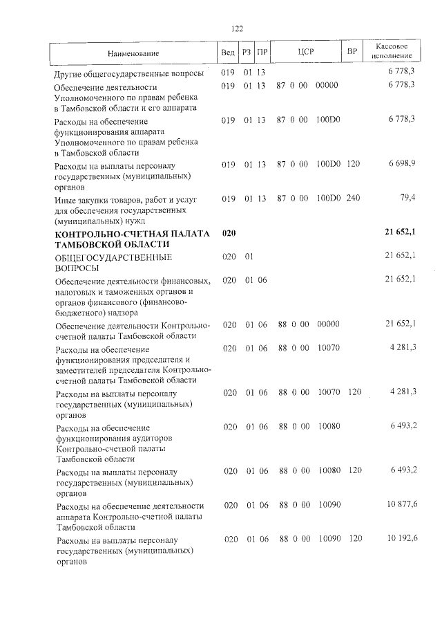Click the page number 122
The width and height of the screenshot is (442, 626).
(x=237, y=28)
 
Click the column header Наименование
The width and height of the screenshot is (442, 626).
(x=133, y=53)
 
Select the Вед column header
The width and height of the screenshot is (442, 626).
(x=227, y=53)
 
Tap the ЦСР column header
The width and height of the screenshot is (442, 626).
(x=306, y=53)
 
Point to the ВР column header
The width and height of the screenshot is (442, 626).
(x=352, y=53)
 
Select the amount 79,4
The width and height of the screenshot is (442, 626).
(x=407, y=199)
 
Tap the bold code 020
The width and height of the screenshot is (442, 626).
(x=229, y=234)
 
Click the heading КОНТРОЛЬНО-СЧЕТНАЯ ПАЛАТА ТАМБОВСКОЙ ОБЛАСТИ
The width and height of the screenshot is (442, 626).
(x=132, y=240)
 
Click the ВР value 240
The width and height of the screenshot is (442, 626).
(x=354, y=199)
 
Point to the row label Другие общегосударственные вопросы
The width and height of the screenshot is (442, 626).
(x=129, y=73)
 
